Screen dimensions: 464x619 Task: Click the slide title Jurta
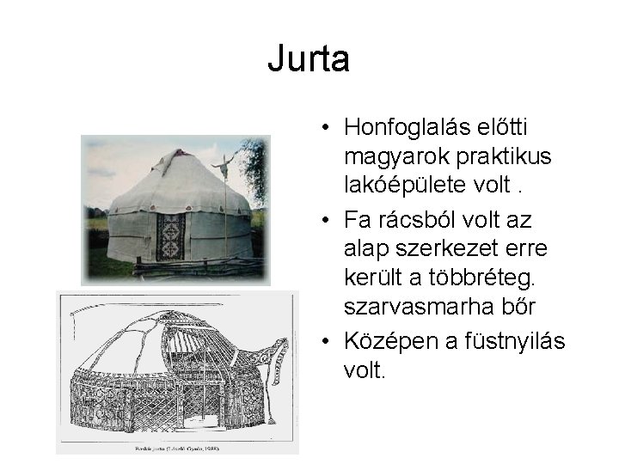pos(308,59)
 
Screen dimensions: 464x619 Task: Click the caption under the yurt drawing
pos(176,448)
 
